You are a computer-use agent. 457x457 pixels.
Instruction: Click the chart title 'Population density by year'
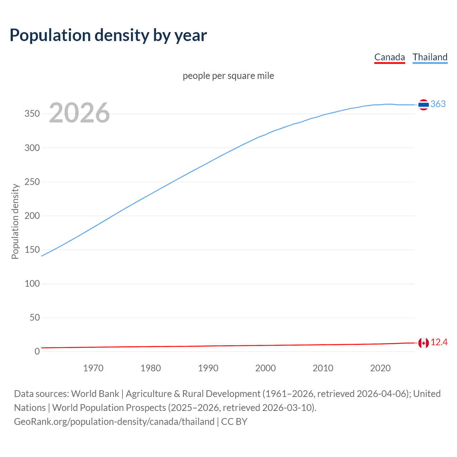coord(108,35)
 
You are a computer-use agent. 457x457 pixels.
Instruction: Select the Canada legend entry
coord(390,57)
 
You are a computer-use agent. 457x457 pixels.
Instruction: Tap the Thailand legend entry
coord(430,57)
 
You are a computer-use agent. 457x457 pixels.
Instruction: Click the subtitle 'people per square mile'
coord(228,76)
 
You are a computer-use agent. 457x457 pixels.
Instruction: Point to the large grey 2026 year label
coord(79,113)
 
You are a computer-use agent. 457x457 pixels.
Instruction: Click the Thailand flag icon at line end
coord(423,105)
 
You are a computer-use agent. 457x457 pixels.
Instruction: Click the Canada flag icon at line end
coord(423,343)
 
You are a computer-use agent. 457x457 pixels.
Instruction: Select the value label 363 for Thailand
coord(438,104)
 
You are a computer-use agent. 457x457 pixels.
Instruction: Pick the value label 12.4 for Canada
coord(439,342)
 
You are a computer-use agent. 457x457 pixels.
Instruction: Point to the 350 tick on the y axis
coord(32,114)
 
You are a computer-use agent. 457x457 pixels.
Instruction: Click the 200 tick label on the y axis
coord(32,216)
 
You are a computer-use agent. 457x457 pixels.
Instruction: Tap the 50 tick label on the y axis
coord(35,317)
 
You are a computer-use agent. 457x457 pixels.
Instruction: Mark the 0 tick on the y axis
coord(37,351)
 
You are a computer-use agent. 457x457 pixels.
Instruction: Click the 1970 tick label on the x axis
coord(93,368)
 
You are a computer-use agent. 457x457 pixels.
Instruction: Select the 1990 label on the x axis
coord(208,368)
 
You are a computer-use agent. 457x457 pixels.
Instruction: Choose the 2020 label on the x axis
coord(380,368)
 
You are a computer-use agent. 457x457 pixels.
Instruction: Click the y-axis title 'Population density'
coord(15,221)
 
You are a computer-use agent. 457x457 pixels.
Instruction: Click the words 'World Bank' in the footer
coord(95,394)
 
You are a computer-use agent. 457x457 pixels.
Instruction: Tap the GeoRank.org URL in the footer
coord(114,422)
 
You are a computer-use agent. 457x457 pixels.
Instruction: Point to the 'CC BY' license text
coord(234,422)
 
